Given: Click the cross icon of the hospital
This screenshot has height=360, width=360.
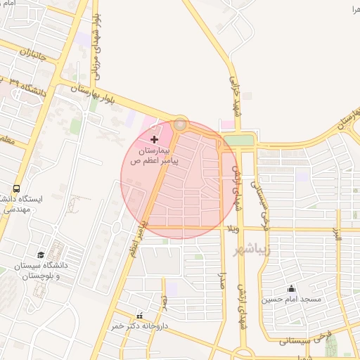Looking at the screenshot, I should (x=155, y=140).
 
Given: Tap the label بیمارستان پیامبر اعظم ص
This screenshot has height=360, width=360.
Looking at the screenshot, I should (x=151, y=156).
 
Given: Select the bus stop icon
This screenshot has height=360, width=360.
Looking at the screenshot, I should (x=15, y=188).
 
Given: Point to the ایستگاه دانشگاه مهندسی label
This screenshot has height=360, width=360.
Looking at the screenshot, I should (x=24, y=204).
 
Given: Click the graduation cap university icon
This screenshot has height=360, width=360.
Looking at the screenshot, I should (x=41, y=255).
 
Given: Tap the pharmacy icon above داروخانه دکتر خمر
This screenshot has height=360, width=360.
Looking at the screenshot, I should (x=139, y=316).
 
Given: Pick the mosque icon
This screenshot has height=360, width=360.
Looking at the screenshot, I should (x=291, y=288).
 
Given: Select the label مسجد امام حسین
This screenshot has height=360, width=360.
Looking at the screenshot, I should (x=291, y=300).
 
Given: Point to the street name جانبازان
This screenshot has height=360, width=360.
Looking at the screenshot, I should (x=32, y=53).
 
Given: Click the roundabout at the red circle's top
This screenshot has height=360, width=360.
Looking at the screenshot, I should (x=181, y=124).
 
